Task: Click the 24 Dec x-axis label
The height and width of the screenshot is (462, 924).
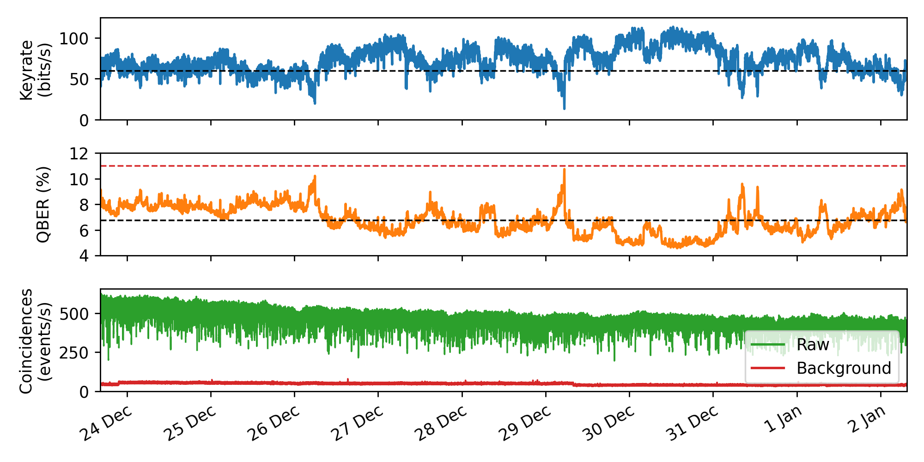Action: [107, 424]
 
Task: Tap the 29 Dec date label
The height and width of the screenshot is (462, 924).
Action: [525, 424]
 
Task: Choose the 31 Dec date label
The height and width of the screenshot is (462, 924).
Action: [693, 424]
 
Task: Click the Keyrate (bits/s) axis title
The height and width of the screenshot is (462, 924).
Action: [35, 69]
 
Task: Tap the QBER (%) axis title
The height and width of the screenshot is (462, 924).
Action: [43, 204]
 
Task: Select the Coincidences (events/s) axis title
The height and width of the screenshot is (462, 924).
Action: [35, 340]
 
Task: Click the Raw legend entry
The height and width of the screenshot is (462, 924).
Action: [812, 345]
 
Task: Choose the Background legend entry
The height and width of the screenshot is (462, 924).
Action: [843, 368]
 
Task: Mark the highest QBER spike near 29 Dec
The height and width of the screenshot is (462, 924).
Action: [564, 170]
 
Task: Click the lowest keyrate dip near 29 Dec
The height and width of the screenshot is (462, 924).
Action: [564, 109]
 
